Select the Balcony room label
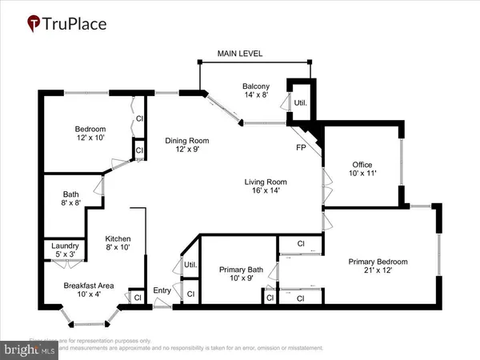click(x=256, y=86)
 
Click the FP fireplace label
click(x=301, y=147)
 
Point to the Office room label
click(x=362, y=165)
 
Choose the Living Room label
click(x=266, y=182)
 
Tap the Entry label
click(x=162, y=290)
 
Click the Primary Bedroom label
click(x=378, y=262)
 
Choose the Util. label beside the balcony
click(x=301, y=103)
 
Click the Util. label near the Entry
click(x=190, y=264)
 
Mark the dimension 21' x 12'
click(x=378, y=271)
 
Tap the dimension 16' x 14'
click(x=266, y=192)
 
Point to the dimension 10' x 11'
click(x=362, y=174)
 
